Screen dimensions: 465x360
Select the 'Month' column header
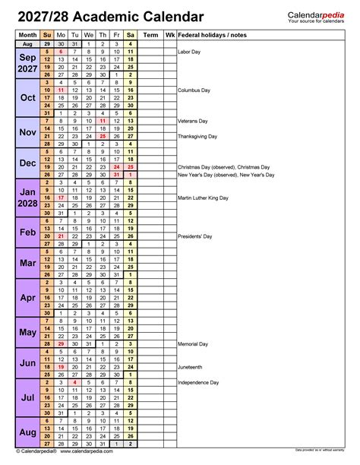tap(27, 35)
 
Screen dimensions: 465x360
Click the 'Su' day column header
tap(48, 35)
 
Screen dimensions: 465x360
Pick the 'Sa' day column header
tap(131, 35)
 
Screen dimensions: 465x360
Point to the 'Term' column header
tap(151, 35)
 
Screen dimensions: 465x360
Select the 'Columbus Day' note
tap(194, 90)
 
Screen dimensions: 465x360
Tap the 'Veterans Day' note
tap(194, 120)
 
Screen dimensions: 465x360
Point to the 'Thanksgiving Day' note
tap(199, 136)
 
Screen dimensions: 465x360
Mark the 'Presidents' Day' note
tap(195, 236)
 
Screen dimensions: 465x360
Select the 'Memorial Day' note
tap(194, 344)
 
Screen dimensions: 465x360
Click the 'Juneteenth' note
tap(191, 367)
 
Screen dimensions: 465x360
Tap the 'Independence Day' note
tap(199, 382)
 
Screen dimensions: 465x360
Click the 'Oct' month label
tap(27, 97)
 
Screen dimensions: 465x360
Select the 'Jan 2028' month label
tap(27, 198)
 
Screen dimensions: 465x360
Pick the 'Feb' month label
tap(27, 232)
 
